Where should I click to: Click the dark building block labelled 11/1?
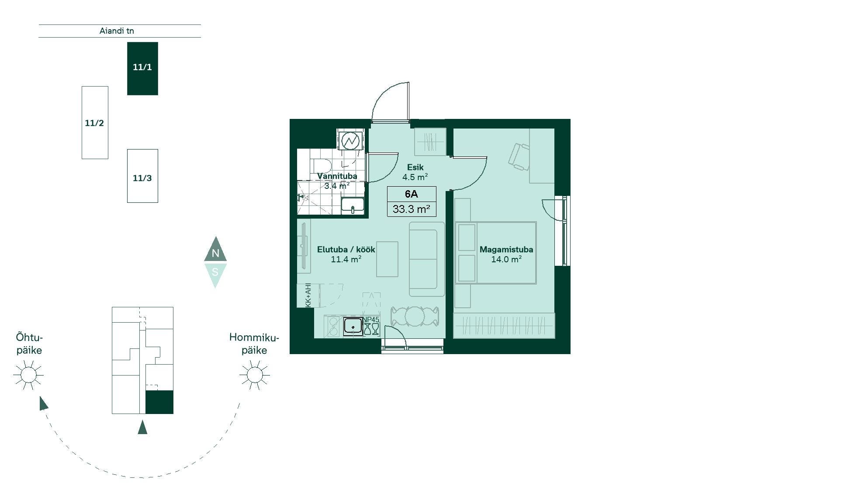142,69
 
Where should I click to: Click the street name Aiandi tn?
117,31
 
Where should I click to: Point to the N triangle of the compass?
215,250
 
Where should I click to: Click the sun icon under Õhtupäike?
28,375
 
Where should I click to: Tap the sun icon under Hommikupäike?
255,375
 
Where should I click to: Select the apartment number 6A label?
412,194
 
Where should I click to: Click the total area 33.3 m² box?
412,209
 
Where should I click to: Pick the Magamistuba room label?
506,250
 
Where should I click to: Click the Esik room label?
415,167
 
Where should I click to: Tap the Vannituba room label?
337,176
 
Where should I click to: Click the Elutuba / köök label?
346,250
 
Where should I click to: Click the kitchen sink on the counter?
353,327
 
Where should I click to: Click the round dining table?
415,316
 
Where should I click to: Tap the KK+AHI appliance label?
308,296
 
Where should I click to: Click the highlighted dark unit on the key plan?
159,402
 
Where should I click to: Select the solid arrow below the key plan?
142,428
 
